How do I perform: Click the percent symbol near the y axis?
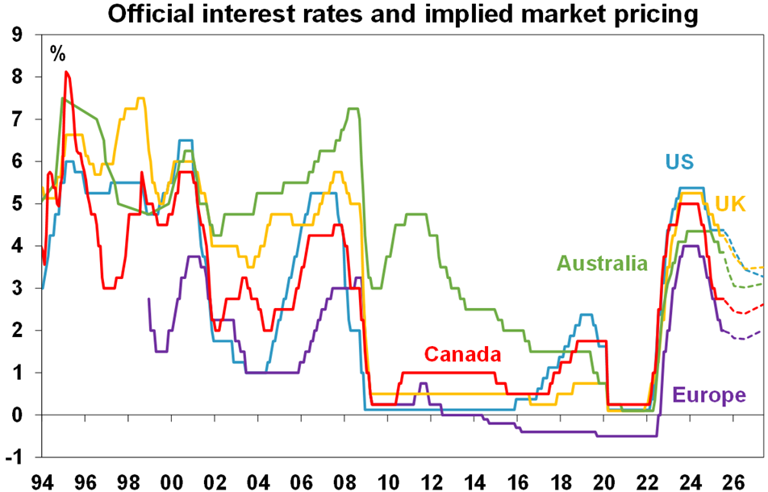tap(58, 54)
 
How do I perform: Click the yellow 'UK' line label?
tap(729, 202)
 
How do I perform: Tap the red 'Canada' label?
tap(462, 354)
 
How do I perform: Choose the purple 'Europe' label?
tap(708, 395)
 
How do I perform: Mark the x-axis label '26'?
tap(733, 481)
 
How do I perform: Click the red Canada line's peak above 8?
tap(67, 73)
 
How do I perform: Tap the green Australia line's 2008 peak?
tap(353, 109)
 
